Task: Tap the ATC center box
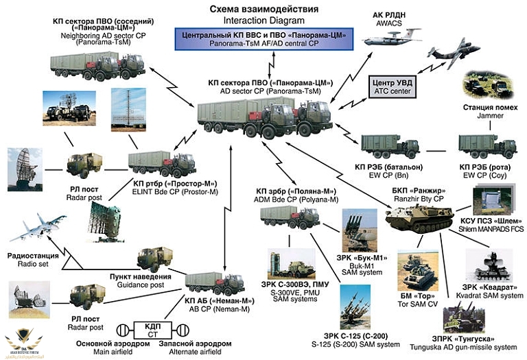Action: point(391,86)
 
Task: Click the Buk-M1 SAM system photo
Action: point(358,230)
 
